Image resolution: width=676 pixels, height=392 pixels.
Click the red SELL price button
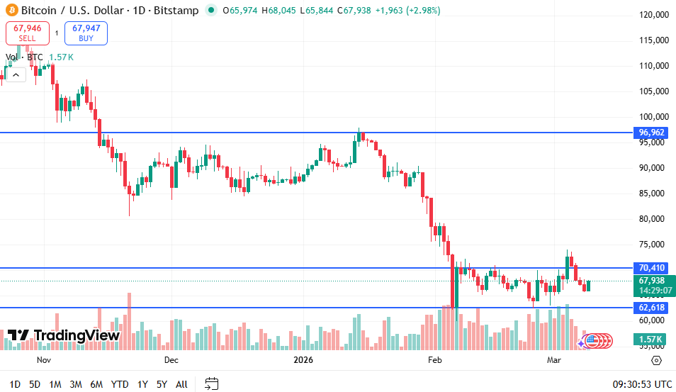click(x=28, y=33)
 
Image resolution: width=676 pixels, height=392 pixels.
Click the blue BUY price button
click(x=86, y=33)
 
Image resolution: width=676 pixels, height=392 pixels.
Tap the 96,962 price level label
click(x=652, y=133)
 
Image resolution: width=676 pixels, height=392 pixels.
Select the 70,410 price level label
click(x=652, y=268)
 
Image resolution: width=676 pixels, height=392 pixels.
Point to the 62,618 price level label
click(x=652, y=308)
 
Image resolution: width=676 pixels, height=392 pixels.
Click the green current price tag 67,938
click(x=652, y=281)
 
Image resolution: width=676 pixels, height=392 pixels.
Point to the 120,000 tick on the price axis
click(x=654, y=15)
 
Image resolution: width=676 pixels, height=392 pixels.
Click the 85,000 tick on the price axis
click(x=654, y=194)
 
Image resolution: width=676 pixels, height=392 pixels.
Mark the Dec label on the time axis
click(x=171, y=360)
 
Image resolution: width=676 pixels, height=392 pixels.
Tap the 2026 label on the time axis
click(x=303, y=360)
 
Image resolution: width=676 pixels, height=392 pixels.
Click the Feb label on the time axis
click(x=434, y=360)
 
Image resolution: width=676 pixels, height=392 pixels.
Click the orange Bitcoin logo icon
click(x=11, y=11)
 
